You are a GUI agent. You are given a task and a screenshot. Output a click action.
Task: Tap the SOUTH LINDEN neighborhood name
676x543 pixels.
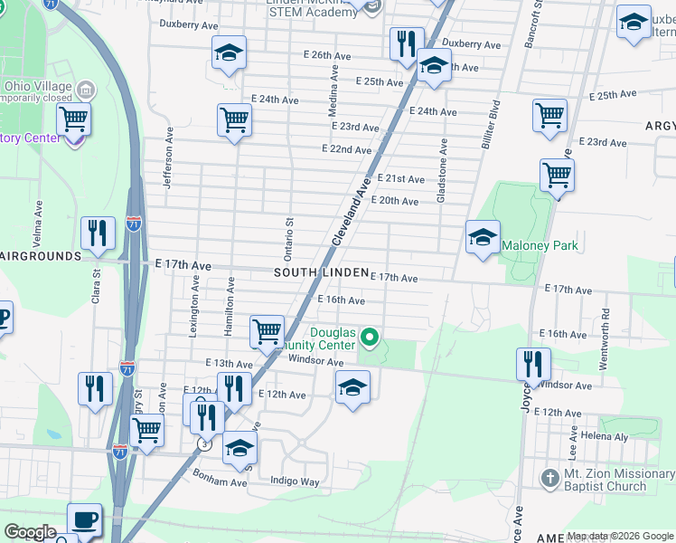pos(321,272)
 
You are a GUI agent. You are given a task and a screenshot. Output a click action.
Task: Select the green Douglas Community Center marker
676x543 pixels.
pos(369,338)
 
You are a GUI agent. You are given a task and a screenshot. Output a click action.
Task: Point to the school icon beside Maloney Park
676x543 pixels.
pos(483,238)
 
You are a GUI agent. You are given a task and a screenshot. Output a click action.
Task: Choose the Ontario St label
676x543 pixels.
pos(290,234)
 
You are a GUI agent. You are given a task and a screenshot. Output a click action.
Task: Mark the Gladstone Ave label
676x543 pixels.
pos(443,170)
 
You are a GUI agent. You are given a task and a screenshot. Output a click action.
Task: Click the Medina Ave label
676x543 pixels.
pos(333,90)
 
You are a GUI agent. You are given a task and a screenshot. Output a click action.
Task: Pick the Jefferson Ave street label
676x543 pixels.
pos(167,157)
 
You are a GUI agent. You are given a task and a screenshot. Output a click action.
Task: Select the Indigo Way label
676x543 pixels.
pos(297,482)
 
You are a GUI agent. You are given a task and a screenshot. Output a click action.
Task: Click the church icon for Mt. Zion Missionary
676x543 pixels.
pos(549,477)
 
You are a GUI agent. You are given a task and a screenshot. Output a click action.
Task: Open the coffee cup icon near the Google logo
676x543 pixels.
pos(85,519)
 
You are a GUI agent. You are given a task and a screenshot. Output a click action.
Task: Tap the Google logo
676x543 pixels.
pos(30,532)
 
